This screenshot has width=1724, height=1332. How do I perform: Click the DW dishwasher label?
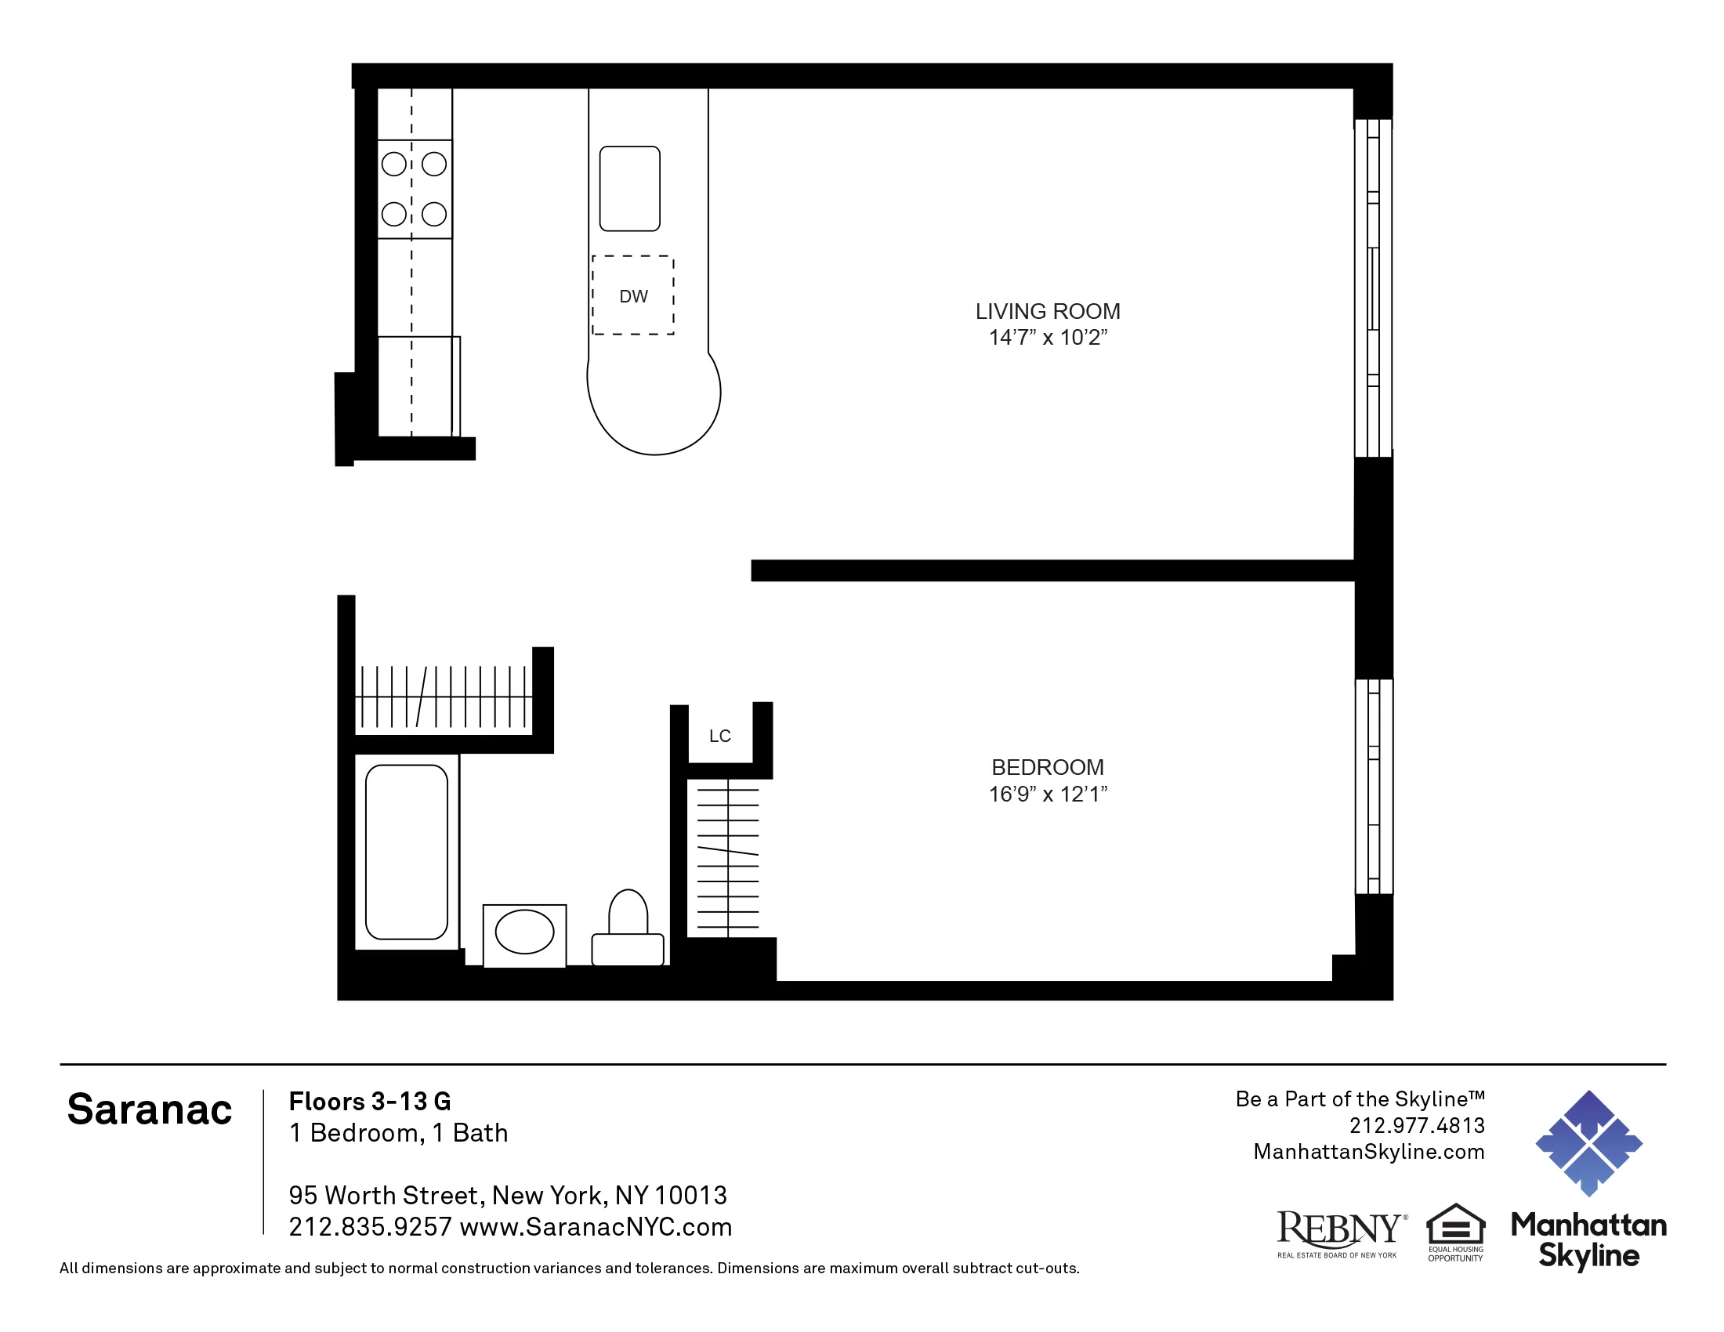pyautogui.click(x=633, y=297)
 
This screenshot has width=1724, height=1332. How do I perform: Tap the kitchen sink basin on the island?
pyautogui.click(x=629, y=189)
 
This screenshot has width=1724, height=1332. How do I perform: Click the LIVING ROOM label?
pyautogui.click(x=1048, y=311)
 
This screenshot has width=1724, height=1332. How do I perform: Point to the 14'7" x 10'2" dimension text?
pyautogui.click(x=1048, y=338)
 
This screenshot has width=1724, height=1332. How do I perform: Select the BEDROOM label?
pyautogui.click(x=1048, y=767)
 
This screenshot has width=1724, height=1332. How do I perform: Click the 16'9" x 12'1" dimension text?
pyautogui.click(x=1048, y=794)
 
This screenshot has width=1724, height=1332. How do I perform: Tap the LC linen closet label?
pyautogui.click(x=719, y=737)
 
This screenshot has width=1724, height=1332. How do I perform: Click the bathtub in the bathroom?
pyautogui.click(x=407, y=852)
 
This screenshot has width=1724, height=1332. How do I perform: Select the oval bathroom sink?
pyautogui.click(x=524, y=932)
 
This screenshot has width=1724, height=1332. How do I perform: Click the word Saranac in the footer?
pyautogui.click(x=149, y=1109)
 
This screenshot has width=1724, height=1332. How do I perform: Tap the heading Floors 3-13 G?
pyautogui.click(x=369, y=1101)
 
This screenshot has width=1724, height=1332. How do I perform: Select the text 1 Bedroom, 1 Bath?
pyautogui.click(x=398, y=1132)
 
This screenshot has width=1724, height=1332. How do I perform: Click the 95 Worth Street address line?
pyautogui.click(x=507, y=1195)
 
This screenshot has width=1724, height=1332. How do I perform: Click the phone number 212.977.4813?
pyautogui.click(x=1416, y=1125)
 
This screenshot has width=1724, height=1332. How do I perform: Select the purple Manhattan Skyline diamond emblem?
pyautogui.click(x=1588, y=1142)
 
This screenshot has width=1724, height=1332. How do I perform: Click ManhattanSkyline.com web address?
pyautogui.click(x=1368, y=1151)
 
